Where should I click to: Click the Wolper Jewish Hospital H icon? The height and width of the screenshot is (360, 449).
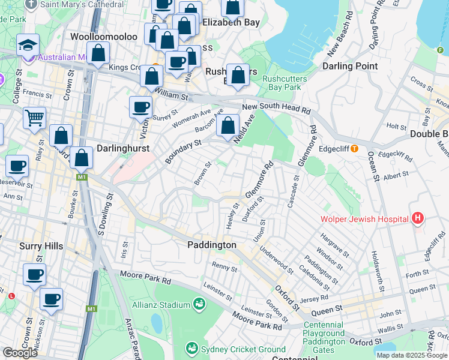click(x=418, y=219)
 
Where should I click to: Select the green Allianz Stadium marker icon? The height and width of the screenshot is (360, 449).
click(x=198, y=305)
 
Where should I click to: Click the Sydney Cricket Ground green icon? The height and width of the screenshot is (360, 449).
click(x=192, y=349)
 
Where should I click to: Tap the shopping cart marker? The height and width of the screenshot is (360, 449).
click(x=34, y=117)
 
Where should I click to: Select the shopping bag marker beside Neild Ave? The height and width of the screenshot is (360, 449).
click(x=228, y=126)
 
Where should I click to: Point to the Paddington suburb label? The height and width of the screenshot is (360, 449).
click(x=211, y=245)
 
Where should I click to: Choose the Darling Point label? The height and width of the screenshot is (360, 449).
click(x=351, y=66)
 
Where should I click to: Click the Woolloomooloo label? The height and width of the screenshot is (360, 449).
click(x=104, y=37)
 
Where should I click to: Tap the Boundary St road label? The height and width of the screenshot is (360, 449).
click(x=183, y=151)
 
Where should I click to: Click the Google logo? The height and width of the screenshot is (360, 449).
click(x=20, y=353)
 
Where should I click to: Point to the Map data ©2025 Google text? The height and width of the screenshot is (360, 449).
click(x=411, y=355)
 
